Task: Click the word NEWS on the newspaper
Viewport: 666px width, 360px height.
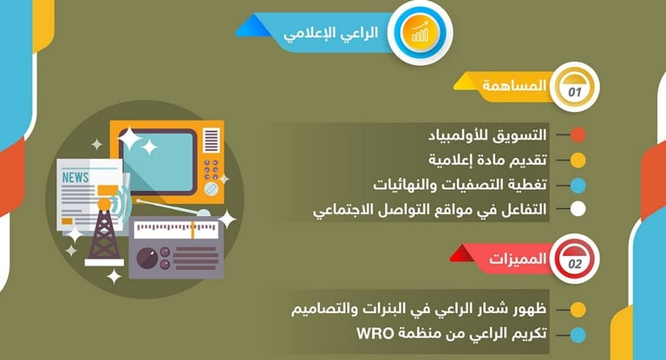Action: point(75,177)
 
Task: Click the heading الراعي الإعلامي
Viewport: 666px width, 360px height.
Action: point(330,33)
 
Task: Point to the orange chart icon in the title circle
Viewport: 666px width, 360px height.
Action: point(420,32)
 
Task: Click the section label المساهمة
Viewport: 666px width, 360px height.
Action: point(514,86)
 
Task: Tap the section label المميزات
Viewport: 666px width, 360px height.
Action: point(518,259)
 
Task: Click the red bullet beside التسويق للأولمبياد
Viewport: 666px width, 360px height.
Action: point(578,135)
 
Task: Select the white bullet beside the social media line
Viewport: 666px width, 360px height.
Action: point(578,209)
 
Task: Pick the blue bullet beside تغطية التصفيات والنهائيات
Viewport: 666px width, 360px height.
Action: point(578,186)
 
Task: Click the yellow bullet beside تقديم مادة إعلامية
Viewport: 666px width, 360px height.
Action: point(578,160)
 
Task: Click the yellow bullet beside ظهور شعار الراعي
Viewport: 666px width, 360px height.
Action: point(578,310)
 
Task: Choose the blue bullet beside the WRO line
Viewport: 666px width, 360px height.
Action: point(578,335)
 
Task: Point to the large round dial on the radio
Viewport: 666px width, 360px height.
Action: point(147,258)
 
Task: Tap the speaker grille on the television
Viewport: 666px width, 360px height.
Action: point(211,140)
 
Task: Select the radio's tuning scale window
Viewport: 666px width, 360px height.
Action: point(175,230)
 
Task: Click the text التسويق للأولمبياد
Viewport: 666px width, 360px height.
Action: point(487,135)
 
